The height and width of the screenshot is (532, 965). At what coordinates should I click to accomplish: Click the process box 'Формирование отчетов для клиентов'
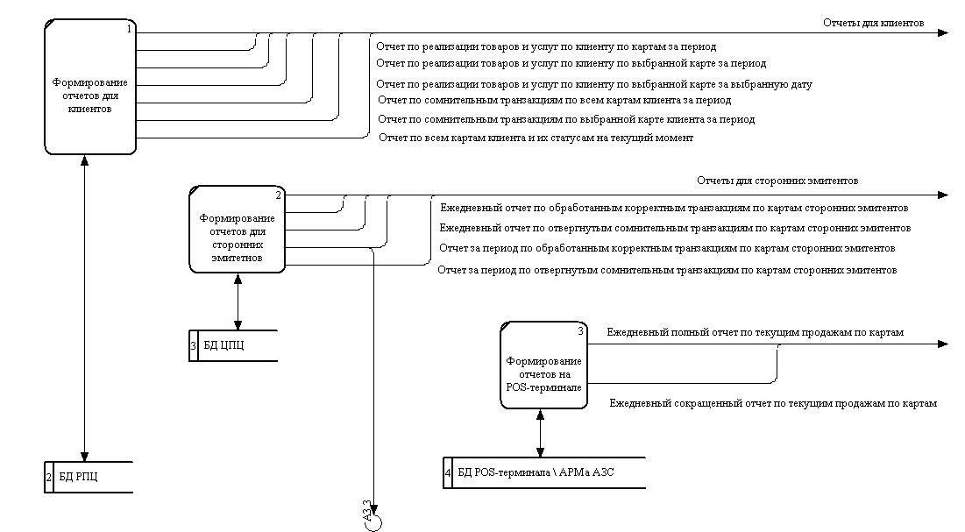tap(90, 89)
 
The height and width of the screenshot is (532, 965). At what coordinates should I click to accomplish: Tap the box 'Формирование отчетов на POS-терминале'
tap(543, 365)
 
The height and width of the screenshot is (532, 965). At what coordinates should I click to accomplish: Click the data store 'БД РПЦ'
tap(89, 477)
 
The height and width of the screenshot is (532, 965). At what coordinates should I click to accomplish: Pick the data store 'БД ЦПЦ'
tap(233, 345)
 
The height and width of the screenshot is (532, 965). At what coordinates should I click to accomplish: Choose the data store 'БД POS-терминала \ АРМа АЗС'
tap(543, 472)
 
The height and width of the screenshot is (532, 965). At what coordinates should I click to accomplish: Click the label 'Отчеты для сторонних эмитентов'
tap(777, 181)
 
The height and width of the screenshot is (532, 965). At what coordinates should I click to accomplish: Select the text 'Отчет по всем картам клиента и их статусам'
tap(536, 138)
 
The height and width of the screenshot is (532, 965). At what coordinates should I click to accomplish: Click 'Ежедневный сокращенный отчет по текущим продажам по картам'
tap(773, 404)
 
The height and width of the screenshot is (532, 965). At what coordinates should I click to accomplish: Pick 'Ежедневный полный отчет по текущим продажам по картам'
tap(756, 333)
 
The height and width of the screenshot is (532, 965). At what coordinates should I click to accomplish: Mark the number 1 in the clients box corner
tap(129, 29)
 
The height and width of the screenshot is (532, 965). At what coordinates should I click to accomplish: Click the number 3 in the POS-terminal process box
tap(580, 330)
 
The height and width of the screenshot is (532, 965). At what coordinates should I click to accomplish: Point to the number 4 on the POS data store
tap(449, 473)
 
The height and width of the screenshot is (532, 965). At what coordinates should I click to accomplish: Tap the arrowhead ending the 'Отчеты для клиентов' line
tap(942, 33)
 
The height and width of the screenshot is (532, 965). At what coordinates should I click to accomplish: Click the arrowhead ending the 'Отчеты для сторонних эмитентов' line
tap(942, 195)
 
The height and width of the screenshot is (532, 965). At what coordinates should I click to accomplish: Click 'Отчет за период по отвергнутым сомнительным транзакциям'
tap(667, 270)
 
